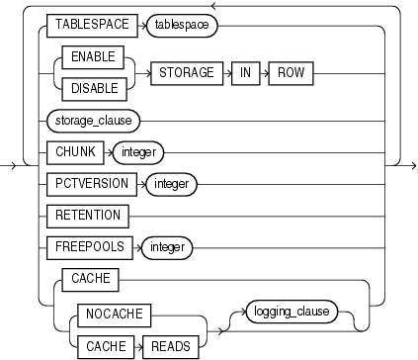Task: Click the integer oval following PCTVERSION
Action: point(173,184)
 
